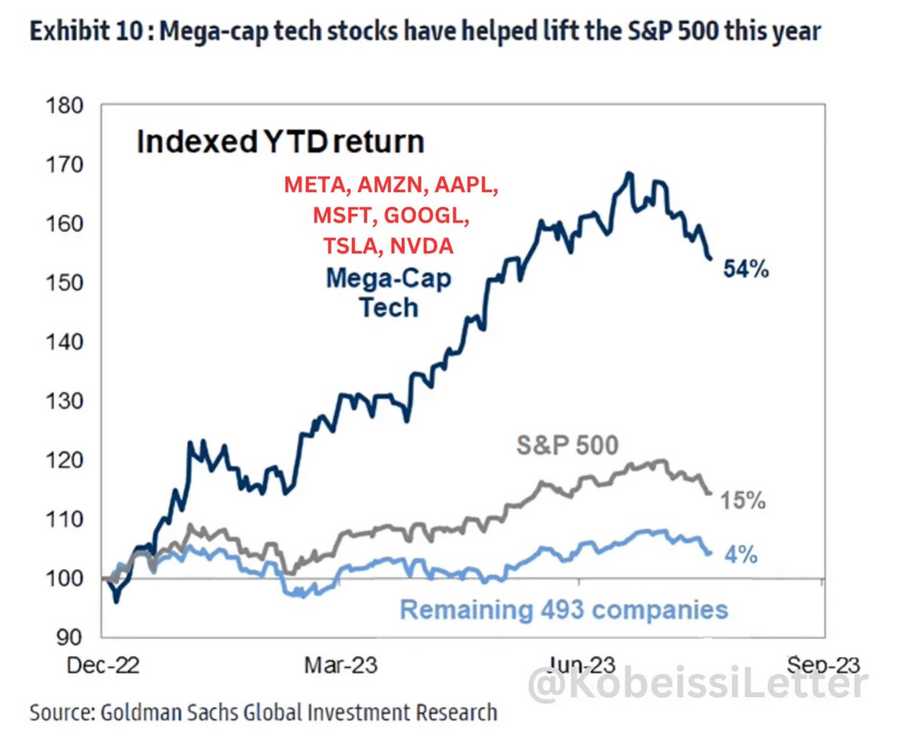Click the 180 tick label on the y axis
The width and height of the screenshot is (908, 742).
coord(64,106)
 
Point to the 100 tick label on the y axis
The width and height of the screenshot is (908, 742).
coord(64,578)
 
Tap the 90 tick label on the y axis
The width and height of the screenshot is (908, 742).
coord(70,637)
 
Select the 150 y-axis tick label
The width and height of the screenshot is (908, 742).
coord(64,283)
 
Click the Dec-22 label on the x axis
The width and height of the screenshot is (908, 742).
coord(103,665)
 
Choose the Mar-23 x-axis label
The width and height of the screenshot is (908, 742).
coord(340,665)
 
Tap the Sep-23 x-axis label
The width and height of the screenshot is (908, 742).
coord(823,664)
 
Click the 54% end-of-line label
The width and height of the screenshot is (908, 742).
coord(746,269)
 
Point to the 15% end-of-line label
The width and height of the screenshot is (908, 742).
coord(743,500)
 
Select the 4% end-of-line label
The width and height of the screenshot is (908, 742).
coord(741,555)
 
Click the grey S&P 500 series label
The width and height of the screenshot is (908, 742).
coord(567,445)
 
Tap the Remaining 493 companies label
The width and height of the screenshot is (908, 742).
coord(564,610)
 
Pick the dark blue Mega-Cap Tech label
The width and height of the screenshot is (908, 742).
coord(388,293)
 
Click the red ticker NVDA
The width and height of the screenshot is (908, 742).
coord(422,246)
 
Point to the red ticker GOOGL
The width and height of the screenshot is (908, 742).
coord(426,215)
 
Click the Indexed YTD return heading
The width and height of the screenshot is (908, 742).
coord(280,141)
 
